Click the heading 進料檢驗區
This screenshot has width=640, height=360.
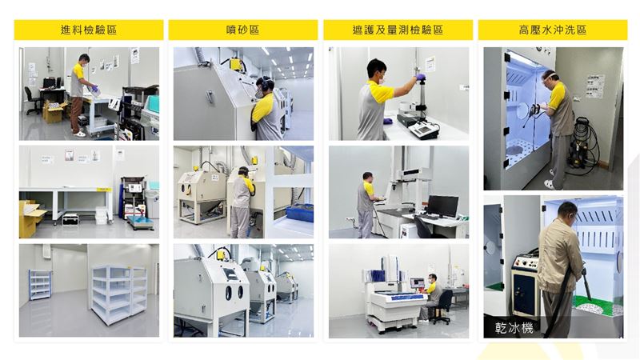point(88,30)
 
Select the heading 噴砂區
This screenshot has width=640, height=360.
point(242,30)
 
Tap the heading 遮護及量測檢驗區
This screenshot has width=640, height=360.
point(398,30)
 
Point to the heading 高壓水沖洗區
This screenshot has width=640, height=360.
point(552,30)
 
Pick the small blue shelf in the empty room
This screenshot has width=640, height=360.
point(40,284)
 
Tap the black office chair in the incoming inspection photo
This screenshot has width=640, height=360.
point(32,100)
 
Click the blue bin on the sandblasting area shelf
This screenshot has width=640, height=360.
point(299,213)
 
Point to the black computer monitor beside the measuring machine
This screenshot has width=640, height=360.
point(442,206)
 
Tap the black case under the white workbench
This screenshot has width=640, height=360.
point(70,218)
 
